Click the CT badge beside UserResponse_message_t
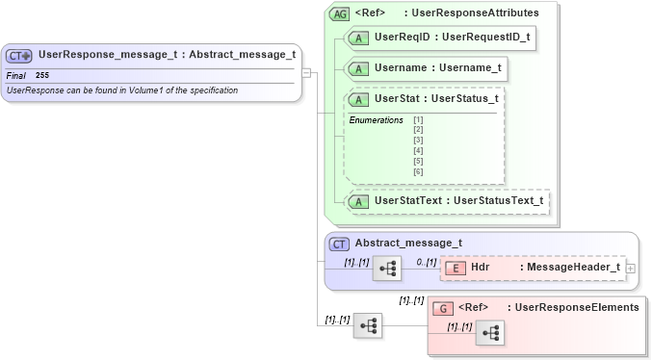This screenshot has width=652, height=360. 20,56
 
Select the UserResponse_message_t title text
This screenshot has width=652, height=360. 167,55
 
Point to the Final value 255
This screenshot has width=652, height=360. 42,75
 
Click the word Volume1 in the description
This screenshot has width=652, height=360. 149,90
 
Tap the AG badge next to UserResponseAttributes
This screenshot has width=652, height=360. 340,13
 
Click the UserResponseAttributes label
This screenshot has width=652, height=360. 472,13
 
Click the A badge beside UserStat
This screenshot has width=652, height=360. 358,99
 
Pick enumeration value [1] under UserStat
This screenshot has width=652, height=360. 418,119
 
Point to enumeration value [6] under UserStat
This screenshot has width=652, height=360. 418,171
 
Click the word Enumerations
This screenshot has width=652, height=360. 376,119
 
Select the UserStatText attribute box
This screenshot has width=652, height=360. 447,201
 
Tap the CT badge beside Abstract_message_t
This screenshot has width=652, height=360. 340,244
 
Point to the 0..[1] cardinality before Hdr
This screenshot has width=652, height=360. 426,261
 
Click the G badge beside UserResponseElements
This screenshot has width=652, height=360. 443,308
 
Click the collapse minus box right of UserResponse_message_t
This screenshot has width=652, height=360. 305,72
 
